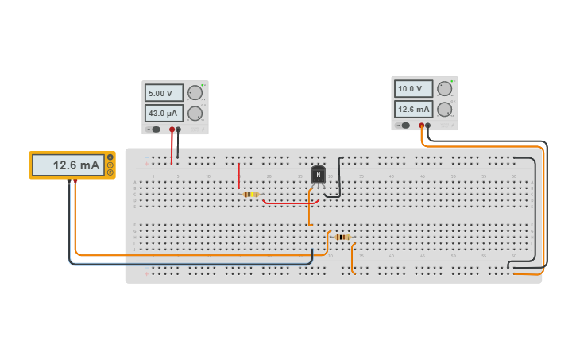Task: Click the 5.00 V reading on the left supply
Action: [x=164, y=93]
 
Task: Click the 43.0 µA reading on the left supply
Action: [x=164, y=113]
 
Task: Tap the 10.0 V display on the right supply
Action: [x=413, y=89]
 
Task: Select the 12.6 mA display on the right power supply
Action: [x=413, y=109]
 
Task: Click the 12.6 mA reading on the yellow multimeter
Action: [x=68, y=165]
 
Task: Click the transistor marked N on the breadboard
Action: [x=318, y=174]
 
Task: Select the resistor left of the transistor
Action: [x=251, y=194]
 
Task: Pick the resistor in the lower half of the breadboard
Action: [x=342, y=237]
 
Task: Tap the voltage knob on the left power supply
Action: [x=195, y=93]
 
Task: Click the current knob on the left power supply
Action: [x=195, y=113]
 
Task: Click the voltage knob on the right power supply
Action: [x=444, y=89]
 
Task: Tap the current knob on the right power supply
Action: [x=444, y=109]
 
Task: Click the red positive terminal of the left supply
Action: [x=171, y=129]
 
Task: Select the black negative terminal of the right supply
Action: [x=428, y=125]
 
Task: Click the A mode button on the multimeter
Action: [x=110, y=157]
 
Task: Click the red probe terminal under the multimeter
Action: [x=75, y=181]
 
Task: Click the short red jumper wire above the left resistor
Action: [x=238, y=176]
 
